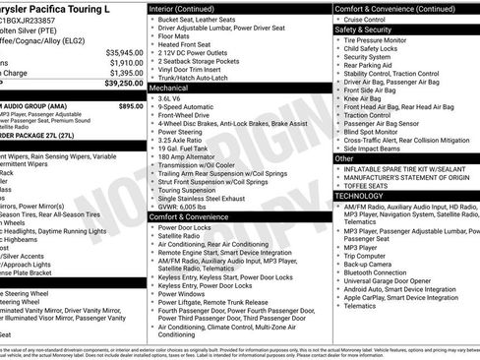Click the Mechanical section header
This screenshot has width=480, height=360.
(170, 88)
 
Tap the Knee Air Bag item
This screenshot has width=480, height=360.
(366, 98)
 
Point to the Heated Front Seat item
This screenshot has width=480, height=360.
(186, 44)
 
